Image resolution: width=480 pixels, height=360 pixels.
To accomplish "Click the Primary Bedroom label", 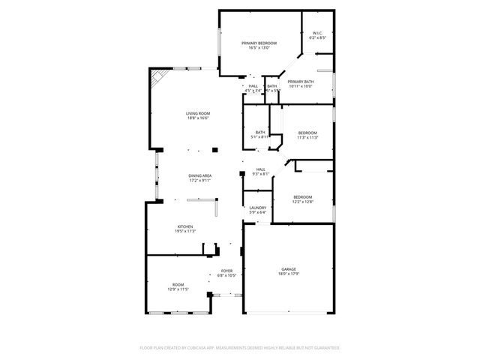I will coord(259,43).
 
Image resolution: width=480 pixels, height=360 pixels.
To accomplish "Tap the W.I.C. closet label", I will coord(316,33).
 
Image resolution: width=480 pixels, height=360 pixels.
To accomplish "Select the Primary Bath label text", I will coord(300,81).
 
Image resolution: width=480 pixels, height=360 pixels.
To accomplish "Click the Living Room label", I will coord(198,113).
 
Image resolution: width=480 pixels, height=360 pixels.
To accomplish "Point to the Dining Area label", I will coord(199,175).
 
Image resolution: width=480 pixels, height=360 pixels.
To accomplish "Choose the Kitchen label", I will coord(185,226).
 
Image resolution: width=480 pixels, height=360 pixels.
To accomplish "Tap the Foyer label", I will coord(226,271).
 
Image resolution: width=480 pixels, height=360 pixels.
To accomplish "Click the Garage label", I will coord(288,269).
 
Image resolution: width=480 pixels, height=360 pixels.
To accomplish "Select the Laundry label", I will coord(258,208).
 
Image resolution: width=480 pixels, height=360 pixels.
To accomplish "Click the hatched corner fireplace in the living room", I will coord(158,78).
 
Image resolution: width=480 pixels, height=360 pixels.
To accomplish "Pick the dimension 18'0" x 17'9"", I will coord(288,274).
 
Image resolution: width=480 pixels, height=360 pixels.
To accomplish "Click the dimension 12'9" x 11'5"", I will coord(178,289).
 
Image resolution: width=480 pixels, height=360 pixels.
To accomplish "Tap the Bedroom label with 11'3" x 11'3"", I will coord(308,133).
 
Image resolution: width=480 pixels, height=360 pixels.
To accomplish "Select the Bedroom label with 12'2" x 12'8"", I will coord(302,196).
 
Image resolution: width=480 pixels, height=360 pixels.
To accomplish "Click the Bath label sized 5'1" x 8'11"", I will coord(259,132).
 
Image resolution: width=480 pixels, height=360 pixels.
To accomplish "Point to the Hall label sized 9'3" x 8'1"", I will coord(260,169).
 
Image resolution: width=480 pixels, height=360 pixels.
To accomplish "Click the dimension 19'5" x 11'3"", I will coord(185,232).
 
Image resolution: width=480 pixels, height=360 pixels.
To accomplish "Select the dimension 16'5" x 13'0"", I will coord(259,49).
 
